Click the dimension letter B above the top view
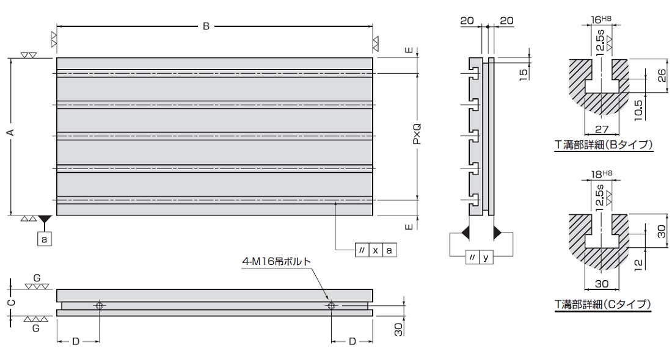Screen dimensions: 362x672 click(x=206, y=27)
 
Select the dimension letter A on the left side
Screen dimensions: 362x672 click(x=12, y=132)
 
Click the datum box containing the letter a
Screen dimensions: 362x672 click(x=44, y=239)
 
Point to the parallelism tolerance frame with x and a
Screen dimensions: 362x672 click(x=375, y=250)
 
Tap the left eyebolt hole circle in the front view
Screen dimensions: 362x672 click(x=98, y=306)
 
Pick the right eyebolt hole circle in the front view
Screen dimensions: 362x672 click(x=331, y=306)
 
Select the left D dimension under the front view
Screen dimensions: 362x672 click(x=76, y=341)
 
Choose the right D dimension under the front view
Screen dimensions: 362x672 click(x=352, y=341)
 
